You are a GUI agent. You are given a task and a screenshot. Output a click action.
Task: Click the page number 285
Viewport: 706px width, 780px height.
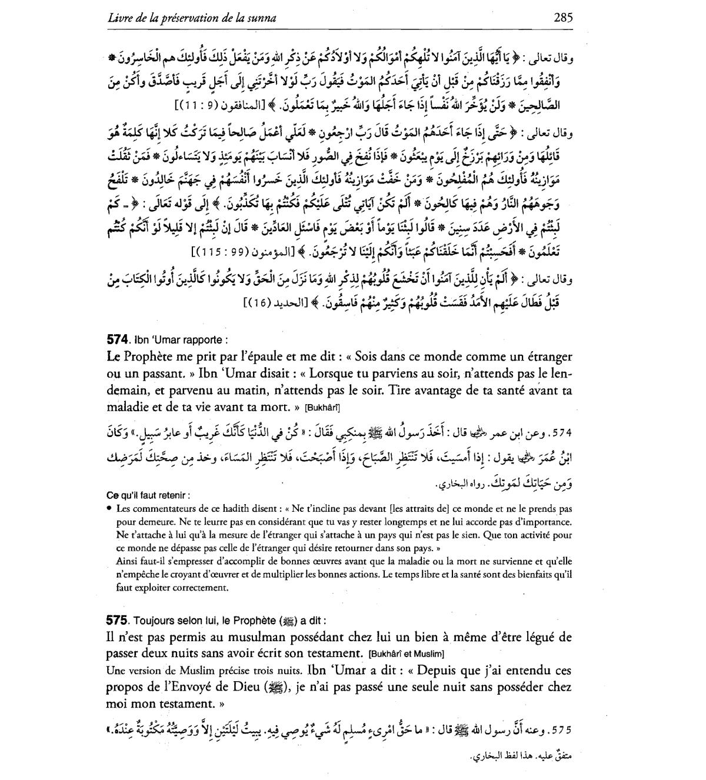tap(562, 17)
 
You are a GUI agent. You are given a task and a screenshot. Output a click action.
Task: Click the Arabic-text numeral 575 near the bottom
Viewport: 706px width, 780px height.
tap(562, 730)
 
